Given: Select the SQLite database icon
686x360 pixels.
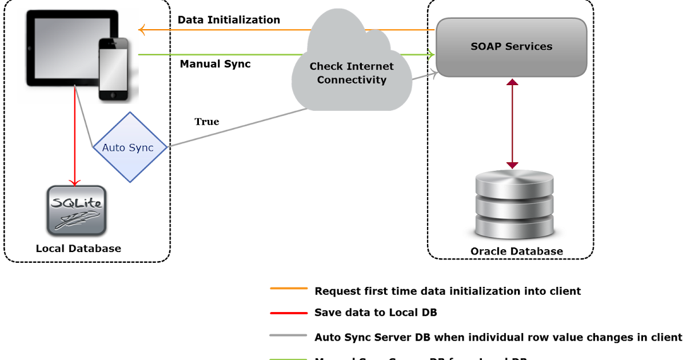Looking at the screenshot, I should [76, 210].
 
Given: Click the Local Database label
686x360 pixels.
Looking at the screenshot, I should [78, 249].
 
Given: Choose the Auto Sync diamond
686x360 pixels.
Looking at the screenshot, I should [130, 147].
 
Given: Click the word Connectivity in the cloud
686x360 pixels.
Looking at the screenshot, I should [352, 80].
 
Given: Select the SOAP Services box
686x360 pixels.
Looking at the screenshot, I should [511, 47].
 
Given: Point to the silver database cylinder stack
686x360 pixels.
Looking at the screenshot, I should [514, 205].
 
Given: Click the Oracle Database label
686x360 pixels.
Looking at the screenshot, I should [516, 251].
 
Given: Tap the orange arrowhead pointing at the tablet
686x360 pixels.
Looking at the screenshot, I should [142, 30].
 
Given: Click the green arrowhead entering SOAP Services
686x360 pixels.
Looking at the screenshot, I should [430, 55].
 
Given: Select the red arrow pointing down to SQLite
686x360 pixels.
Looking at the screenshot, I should [74, 143].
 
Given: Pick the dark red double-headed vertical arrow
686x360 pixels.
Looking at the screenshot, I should [512, 123].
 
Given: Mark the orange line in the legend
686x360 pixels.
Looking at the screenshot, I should [289, 289].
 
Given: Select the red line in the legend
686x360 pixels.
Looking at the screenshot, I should [289, 313].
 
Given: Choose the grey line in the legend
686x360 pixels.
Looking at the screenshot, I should [289, 335].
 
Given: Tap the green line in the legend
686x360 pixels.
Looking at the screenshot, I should [289, 358].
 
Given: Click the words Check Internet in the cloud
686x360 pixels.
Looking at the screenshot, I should [352, 66].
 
